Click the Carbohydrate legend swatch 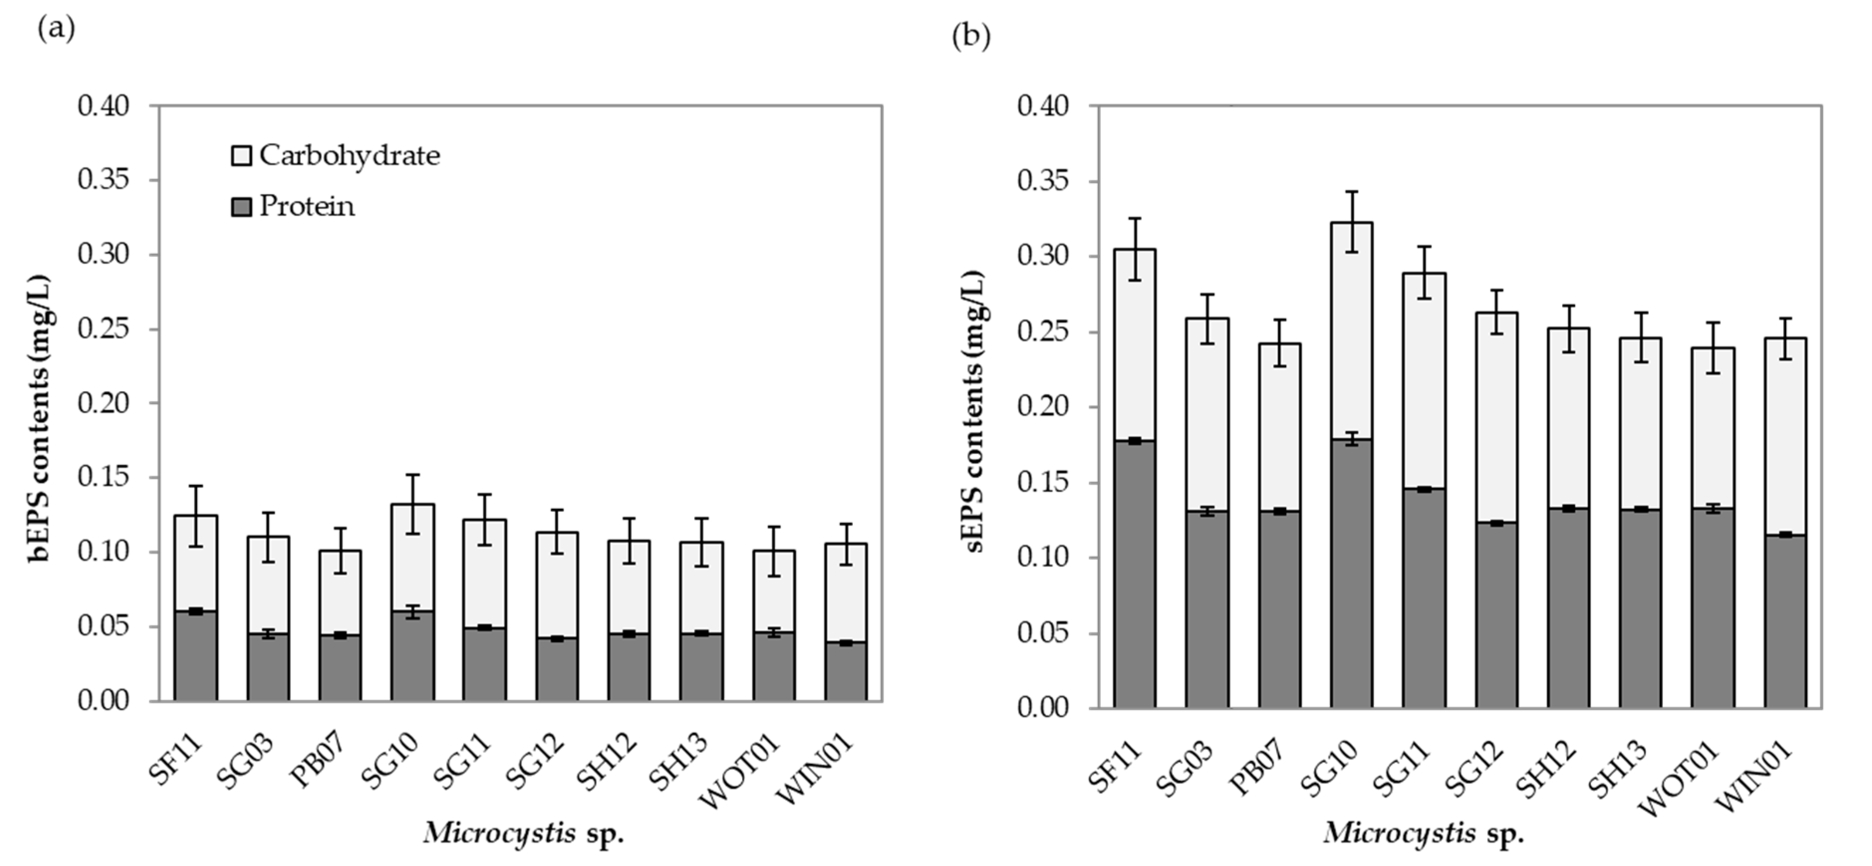coord(241,155)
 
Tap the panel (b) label coord(971,35)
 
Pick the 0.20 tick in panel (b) coord(1043,406)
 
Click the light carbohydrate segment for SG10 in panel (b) coord(1351,331)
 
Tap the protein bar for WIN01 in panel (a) coord(846,671)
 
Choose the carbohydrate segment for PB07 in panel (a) coord(340,592)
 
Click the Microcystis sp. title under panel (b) coord(1423,833)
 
